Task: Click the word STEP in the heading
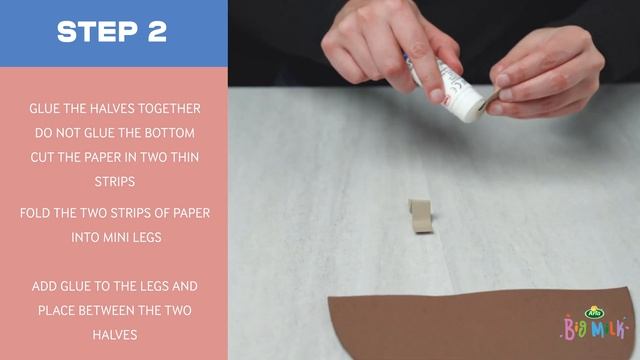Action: pyautogui.click(x=98, y=31)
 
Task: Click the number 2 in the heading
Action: pyautogui.click(x=157, y=31)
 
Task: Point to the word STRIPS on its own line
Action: pyautogui.click(x=115, y=182)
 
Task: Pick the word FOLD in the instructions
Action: pyautogui.click(x=33, y=213)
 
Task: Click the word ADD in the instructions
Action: pyautogui.click(x=44, y=286)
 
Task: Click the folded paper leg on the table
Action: pyautogui.click(x=420, y=216)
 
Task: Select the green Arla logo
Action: pyautogui.click(x=594, y=313)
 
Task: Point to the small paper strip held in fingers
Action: pyautogui.click(x=491, y=99)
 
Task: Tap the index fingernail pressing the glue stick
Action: pyautogui.click(x=437, y=96)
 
